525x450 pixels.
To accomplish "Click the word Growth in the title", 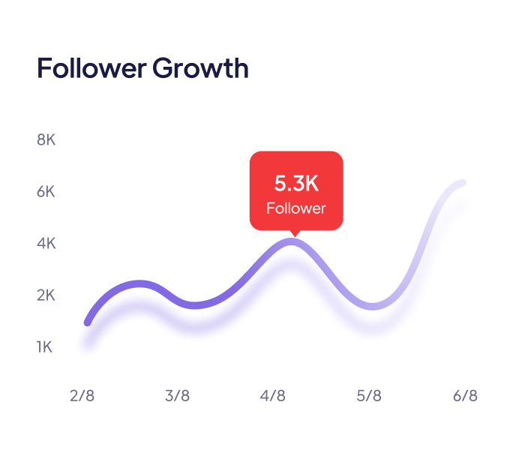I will (x=200, y=69).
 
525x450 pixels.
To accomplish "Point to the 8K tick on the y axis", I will (x=46, y=140).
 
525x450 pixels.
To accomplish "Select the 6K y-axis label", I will (x=46, y=192).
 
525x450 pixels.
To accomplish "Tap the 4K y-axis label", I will (x=46, y=244).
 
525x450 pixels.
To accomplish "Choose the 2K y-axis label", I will (x=46, y=295).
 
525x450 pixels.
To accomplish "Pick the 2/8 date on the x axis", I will (x=82, y=395).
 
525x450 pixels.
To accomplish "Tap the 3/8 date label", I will (x=178, y=395).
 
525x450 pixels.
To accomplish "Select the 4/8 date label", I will (x=273, y=395).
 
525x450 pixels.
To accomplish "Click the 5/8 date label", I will (x=369, y=395).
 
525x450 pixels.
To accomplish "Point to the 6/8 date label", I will (x=465, y=395).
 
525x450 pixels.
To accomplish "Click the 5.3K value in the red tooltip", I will (x=295, y=183).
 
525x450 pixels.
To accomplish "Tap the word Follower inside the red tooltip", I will (x=295, y=208).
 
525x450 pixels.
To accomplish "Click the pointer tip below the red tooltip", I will (x=295, y=234).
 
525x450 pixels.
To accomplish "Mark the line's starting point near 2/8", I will (x=88, y=323).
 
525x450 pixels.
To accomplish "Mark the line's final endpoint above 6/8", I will (x=463, y=183).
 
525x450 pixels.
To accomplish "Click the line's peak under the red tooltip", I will (x=292, y=241).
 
